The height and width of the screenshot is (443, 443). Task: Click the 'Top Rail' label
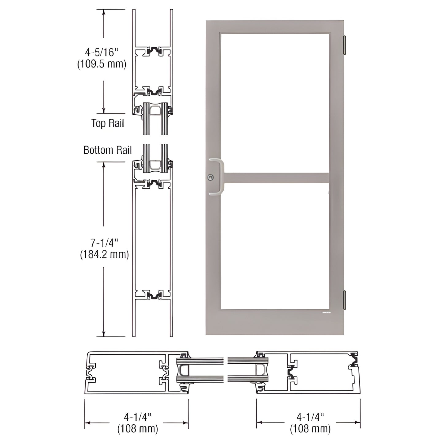point(108,123)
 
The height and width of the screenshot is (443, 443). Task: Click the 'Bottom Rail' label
point(108,150)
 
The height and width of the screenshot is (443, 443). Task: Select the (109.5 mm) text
point(102,64)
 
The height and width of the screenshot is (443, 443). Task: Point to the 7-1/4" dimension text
point(104,243)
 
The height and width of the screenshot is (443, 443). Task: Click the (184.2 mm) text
point(104,254)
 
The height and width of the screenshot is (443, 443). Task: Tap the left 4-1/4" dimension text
point(138,417)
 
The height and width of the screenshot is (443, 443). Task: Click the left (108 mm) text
point(138,429)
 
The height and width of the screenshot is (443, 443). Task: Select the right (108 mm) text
point(310,429)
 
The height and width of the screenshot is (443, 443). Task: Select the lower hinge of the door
point(344,300)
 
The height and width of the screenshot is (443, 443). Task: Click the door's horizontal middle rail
point(276,178)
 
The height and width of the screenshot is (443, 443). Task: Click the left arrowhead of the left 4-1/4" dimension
point(87,423)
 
